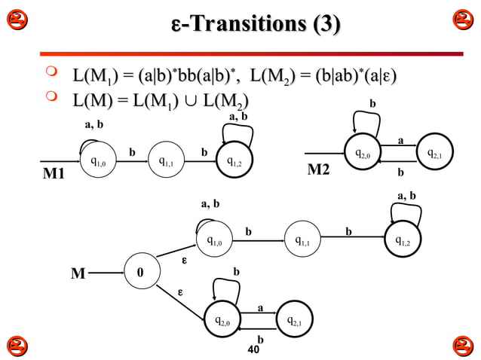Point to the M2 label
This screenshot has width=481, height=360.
click(x=319, y=170)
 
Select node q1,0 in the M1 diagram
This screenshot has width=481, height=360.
click(x=98, y=160)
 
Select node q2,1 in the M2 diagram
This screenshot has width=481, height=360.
click(x=434, y=154)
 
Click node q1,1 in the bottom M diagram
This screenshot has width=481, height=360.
click(x=305, y=241)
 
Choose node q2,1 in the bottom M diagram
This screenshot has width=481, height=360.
click(x=294, y=321)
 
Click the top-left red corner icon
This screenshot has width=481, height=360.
click(x=16, y=20)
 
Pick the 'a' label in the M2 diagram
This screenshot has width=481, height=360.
click(x=400, y=140)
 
